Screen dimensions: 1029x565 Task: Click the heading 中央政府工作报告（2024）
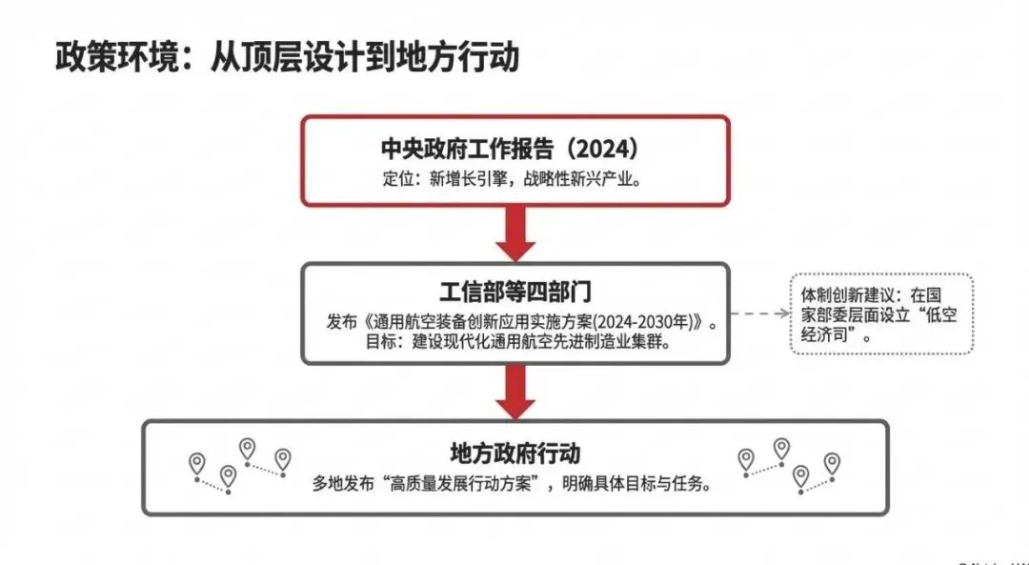[x=515, y=151]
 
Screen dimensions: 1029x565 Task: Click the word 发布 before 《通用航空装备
[x=340, y=322]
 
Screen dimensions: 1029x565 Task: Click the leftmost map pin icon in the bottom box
[x=197, y=463]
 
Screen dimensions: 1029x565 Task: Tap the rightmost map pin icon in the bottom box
[x=832, y=463]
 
